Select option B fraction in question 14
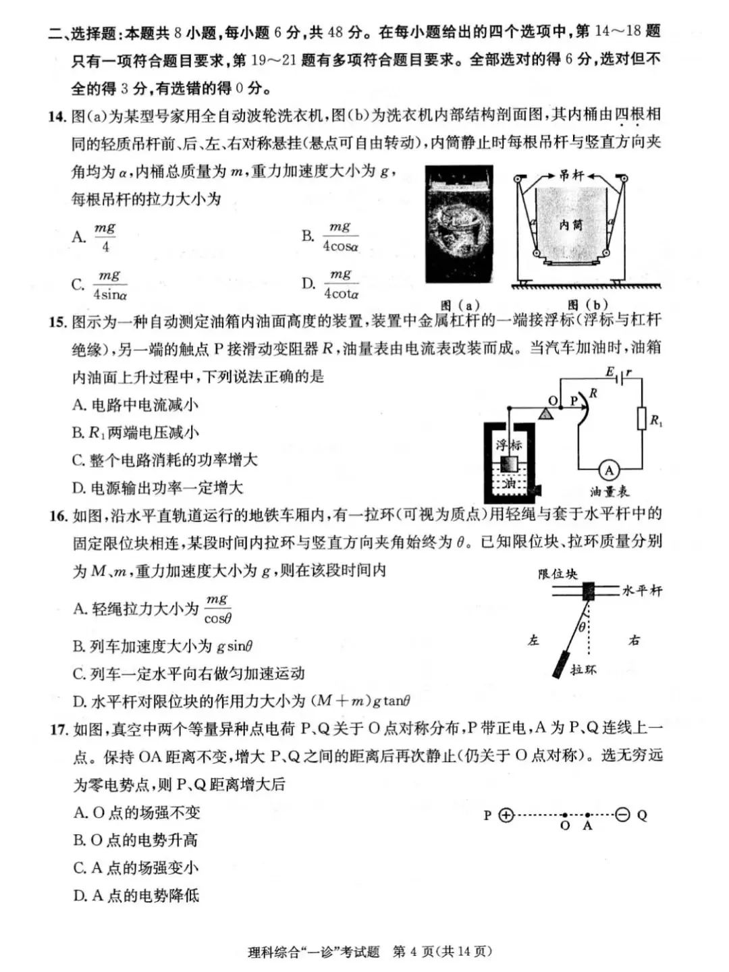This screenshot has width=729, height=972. (x=340, y=237)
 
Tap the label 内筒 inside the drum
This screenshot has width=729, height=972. (x=570, y=225)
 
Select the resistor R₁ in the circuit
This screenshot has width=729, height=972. (x=641, y=419)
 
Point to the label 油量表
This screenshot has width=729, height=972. (x=610, y=492)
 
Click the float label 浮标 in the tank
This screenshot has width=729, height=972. (x=509, y=445)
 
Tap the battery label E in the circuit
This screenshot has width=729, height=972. (x=610, y=372)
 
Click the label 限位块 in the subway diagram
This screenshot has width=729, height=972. (x=558, y=574)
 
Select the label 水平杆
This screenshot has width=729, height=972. (x=642, y=591)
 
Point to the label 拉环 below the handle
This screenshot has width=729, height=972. (x=583, y=670)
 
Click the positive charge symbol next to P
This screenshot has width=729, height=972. (x=506, y=815)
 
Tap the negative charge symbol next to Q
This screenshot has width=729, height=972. (x=622, y=815)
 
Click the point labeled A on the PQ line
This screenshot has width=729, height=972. (x=588, y=816)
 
